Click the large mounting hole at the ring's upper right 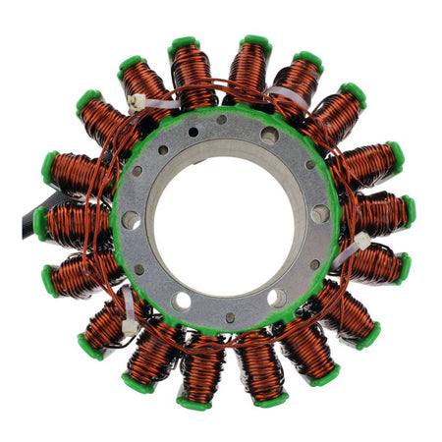269,137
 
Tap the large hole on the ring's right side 320,213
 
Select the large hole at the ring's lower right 278,297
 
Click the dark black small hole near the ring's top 193,131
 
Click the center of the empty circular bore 226,218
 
